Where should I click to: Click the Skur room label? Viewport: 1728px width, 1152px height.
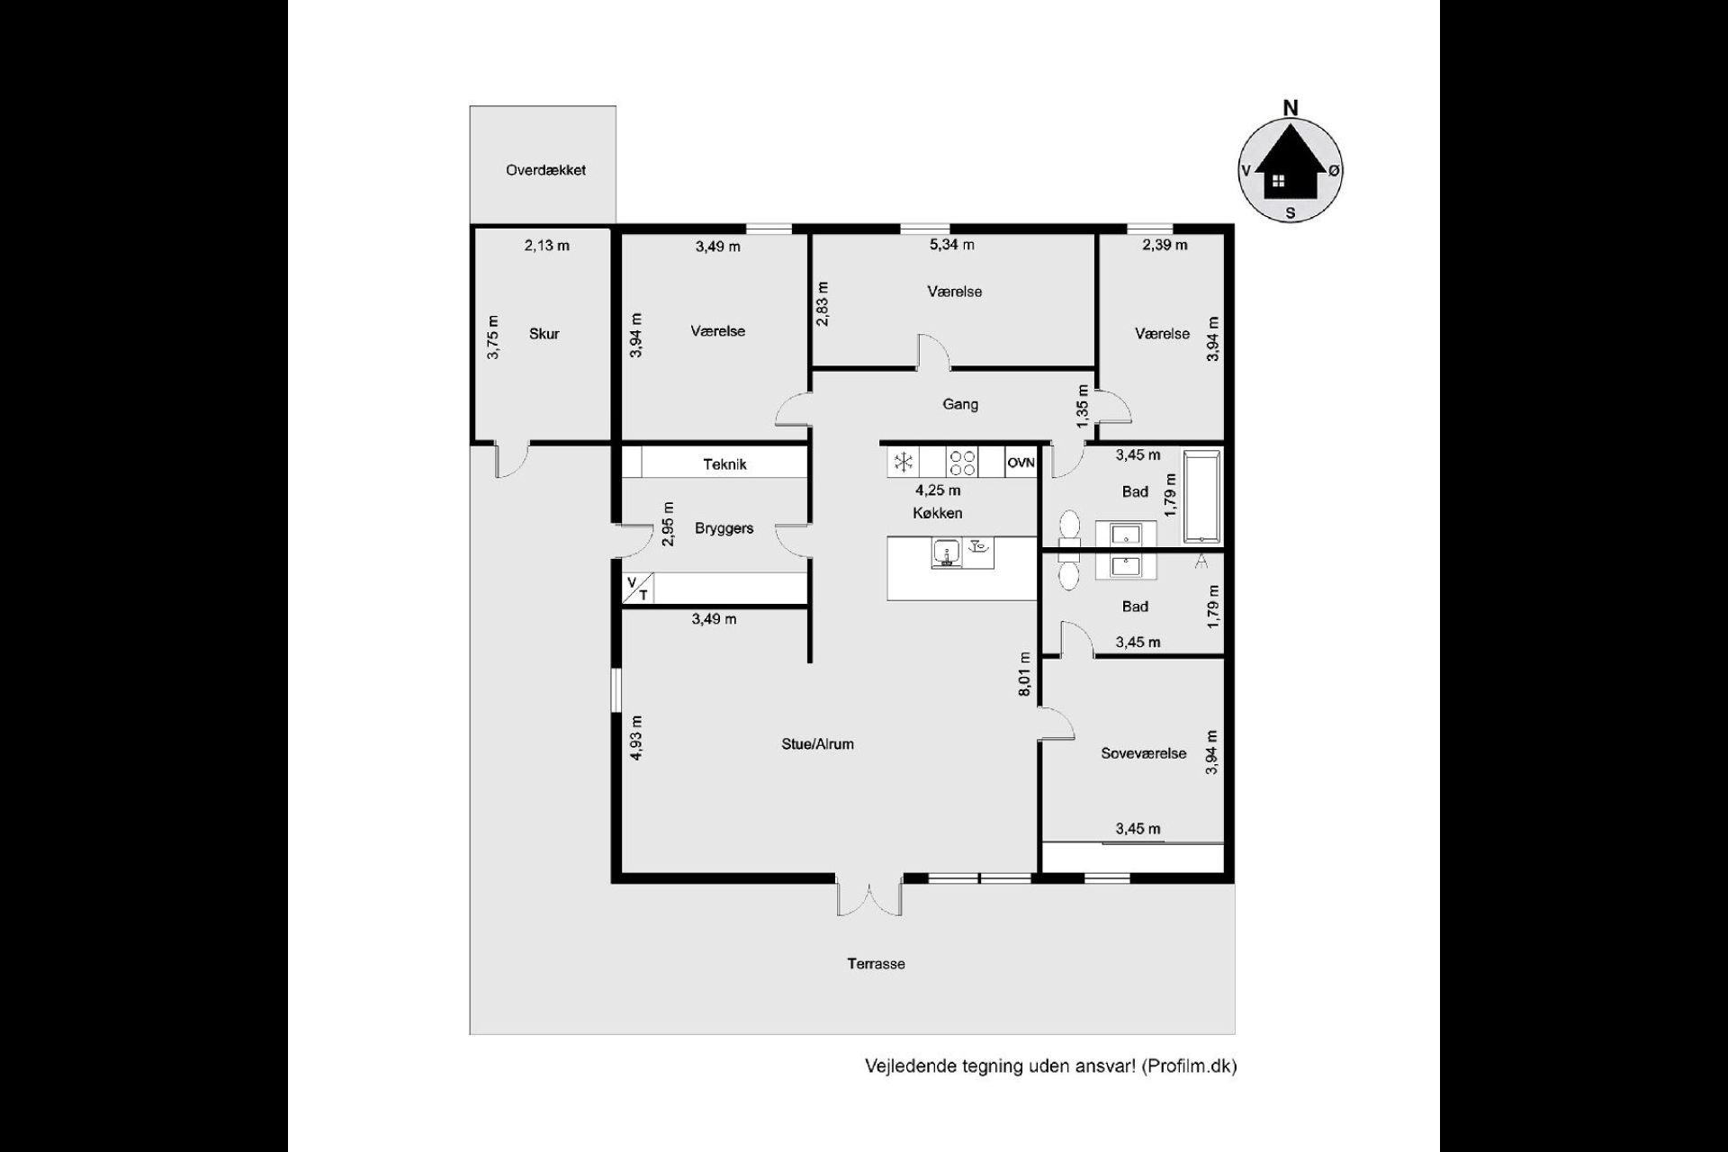tap(544, 334)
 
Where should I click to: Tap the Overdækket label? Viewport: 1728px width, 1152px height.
tap(545, 170)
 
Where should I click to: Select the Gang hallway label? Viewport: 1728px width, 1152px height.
tap(960, 405)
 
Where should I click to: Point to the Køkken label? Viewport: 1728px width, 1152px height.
tap(937, 513)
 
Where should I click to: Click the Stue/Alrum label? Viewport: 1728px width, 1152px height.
tap(817, 744)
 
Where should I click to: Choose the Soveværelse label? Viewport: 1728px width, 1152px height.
tap(1143, 753)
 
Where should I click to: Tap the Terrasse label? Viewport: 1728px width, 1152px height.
tap(876, 964)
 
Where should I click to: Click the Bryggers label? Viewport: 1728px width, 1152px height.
tap(724, 529)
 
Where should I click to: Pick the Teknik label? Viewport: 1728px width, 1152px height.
tap(724, 464)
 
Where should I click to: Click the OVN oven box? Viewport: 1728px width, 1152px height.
tap(1021, 463)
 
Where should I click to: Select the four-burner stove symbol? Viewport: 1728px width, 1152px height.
tap(962, 463)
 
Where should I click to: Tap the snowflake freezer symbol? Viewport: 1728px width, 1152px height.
tap(904, 463)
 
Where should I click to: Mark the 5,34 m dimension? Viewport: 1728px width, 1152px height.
tap(951, 245)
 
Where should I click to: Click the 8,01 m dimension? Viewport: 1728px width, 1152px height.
tap(1023, 674)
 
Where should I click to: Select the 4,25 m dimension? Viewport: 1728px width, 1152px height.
tap(938, 490)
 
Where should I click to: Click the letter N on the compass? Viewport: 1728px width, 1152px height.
tap(1291, 108)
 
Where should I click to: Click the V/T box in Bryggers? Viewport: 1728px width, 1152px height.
tap(637, 588)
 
